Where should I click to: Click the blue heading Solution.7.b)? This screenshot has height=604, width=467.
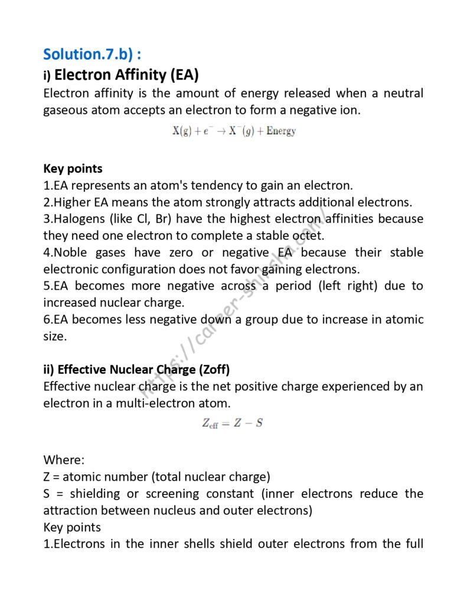click(x=92, y=55)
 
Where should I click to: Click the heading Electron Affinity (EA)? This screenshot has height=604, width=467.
click(x=126, y=75)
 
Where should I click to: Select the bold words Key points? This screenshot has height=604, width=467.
click(x=73, y=169)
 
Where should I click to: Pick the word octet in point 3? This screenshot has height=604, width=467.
click(x=308, y=235)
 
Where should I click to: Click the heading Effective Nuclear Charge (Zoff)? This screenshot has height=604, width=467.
click(x=136, y=370)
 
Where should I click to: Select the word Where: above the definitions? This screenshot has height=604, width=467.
click(x=60, y=459)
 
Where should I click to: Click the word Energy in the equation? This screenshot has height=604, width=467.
click(x=280, y=131)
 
